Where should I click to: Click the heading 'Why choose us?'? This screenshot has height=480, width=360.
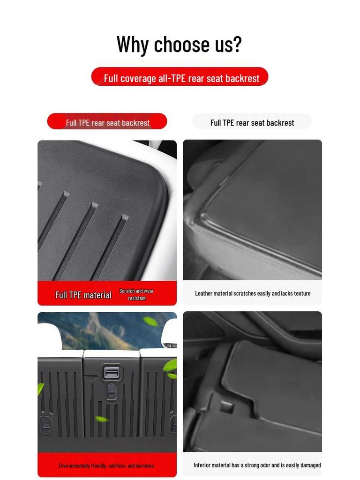click(x=179, y=45)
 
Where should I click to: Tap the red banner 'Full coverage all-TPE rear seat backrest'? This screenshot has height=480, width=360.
click(x=180, y=77)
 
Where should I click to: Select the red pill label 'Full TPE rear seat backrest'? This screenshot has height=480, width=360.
click(x=107, y=122)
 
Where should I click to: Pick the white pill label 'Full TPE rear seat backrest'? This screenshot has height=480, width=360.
click(x=252, y=122)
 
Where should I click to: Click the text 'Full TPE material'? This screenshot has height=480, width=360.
click(x=83, y=295)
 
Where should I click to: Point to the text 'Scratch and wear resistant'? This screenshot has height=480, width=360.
click(x=136, y=294)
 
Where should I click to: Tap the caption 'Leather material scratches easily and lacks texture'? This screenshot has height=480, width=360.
click(x=253, y=293)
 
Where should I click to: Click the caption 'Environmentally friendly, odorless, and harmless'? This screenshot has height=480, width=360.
click(x=106, y=465)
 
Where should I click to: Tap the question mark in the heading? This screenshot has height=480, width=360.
click(x=237, y=45)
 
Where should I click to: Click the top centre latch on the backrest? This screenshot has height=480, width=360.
click(x=112, y=373)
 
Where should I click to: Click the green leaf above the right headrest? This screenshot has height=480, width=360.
click(x=150, y=321)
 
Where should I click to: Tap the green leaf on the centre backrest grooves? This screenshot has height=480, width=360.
click(x=101, y=419)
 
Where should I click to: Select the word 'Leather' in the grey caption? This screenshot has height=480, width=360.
click(x=204, y=293)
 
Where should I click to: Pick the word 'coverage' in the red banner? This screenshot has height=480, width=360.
click(x=138, y=78)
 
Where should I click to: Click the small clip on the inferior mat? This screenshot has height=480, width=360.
click(x=227, y=406)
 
